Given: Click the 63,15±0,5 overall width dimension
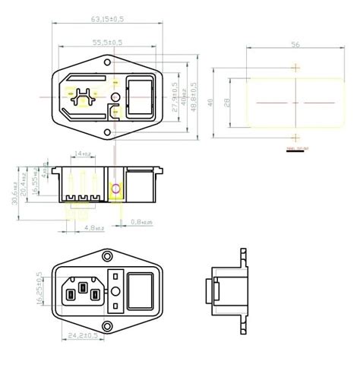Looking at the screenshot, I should pyautogui.click(x=107, y=17).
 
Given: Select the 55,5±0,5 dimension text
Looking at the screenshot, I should pyautogui.click(x=107, y=43).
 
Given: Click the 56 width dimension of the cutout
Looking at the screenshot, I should pyautogui.click(x=294, y=45).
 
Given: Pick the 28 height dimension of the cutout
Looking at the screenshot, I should pyautogui.click(x=227, y=101).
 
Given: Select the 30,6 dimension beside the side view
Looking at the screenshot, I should pyautogui.click(x=16, y=187).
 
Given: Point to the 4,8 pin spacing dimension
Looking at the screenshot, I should pyautogui.click(x=94, y=227).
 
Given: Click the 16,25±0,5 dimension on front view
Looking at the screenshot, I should pyautogui.click(x=40, y=290).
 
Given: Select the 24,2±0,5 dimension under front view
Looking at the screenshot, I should pyautogui.click(x=84, y=335).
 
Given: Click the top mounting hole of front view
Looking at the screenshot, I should pyautogui.click(x=108, y=256).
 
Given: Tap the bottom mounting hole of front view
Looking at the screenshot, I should pyautogui.click(x=108, y=323).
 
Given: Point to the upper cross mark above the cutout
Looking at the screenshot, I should pyautogui.click(x=295, y=67).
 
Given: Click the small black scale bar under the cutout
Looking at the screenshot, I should pyautogui.click(x=293, y=151).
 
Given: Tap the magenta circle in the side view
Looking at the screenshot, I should pyautogui.click(x=115, y=188).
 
